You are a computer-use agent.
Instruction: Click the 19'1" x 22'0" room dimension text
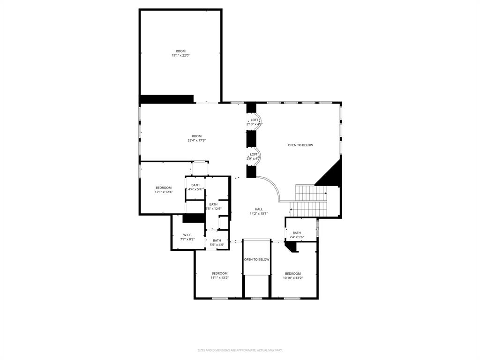(x=180, y=56)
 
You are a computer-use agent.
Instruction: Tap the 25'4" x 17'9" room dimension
(x=196, y=141)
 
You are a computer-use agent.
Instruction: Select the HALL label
(x=259, y=209)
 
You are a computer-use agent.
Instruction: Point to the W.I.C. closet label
(x=187, y=235)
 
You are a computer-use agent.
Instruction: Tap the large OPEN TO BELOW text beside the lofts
(x=300, y=145)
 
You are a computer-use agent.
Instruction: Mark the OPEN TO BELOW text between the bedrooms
(x=256, y=260)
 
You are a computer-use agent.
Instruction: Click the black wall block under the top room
(x=167, y=98)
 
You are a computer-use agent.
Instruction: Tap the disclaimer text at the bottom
(x=240, y=350)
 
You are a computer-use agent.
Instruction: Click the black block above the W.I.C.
(x=194, y=217)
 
